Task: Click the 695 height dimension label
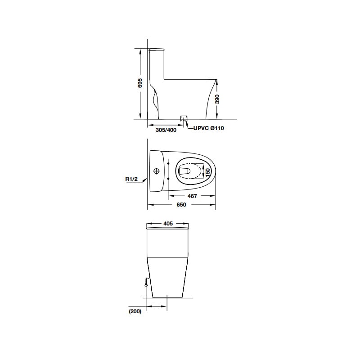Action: click(x=140, y=83)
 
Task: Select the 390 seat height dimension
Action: click(x=217, y=99)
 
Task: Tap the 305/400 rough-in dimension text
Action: click(x=166, y=130)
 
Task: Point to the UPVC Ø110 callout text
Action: click(x=208, y=128)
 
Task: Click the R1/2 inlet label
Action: click(x=131, y=179)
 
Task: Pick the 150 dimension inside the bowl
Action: click(x=207, y=173)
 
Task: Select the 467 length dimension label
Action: click(x=192, y=196)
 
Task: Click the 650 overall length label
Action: click(x=181, y=205)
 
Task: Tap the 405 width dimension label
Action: click(x=168, y=223)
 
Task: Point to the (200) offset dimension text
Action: click(x=135, y=311)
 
